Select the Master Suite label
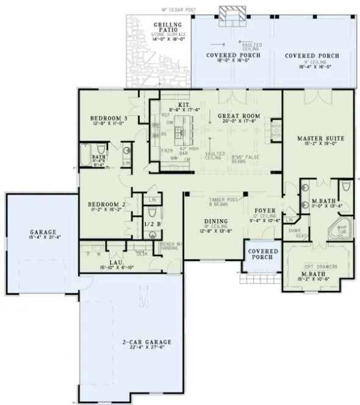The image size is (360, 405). tap(318, 139)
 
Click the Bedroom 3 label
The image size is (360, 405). tap(109, 118)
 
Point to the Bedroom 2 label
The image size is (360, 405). tap(106, 204)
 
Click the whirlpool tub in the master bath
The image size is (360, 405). tap(339, 231)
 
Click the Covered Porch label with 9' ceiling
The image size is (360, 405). tap(312, 56)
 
